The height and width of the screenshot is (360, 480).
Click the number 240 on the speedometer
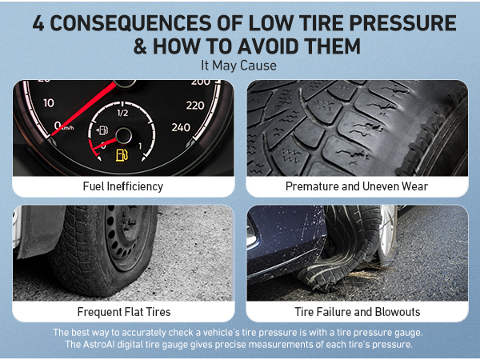(x=181, y=126)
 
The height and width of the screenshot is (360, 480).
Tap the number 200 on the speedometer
(x=201, y=82)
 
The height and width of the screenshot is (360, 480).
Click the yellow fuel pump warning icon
(x=121, y=154)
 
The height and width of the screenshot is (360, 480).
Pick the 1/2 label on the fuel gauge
(x=122, y=113)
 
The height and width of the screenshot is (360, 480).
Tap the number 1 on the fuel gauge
(x=141, y=146)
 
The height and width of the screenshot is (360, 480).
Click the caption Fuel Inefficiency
(x=122, y=186)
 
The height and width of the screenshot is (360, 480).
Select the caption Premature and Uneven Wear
(x=357, y=186)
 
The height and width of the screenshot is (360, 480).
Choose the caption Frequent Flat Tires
(x=122, y=311)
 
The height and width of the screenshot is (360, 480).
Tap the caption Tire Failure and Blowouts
(x=357, y=311)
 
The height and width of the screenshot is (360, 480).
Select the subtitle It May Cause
(x=240, y=66)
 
